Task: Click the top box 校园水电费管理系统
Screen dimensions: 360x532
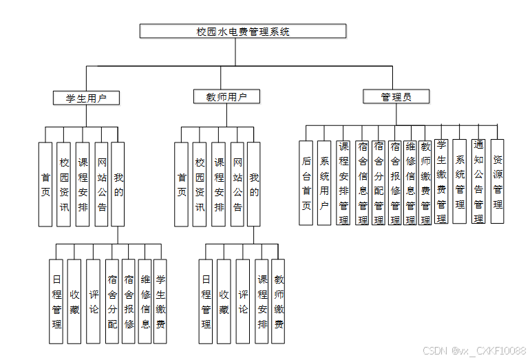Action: [243, 31]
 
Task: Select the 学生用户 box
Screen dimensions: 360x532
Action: [86, 98]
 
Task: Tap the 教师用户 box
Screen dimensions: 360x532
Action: [226, 97]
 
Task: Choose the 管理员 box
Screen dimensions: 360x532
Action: [396, 97]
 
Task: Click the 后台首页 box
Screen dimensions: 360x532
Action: [307, 182]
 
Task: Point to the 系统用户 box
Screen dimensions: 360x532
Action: [325, 182]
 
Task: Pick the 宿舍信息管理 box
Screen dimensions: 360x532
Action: [362, 182]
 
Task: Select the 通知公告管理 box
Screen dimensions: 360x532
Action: [479, 181]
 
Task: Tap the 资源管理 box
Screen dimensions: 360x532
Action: [497, 181]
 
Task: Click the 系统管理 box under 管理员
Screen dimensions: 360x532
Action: [460, 181]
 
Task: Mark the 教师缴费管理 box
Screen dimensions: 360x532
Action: [426, 182]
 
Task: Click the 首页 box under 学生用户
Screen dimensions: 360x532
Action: [45, 184]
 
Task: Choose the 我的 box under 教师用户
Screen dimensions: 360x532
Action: [254, 184]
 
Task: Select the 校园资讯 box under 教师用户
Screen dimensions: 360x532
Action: [200, 184]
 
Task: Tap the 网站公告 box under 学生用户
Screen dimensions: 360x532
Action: [101, 184]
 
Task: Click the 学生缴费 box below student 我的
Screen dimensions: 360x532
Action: [160, 301]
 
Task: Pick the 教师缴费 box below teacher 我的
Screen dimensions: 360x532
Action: [279, 301]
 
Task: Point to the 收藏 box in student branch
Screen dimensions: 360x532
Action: [74, 301]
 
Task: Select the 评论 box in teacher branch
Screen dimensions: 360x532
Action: [243, 301]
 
